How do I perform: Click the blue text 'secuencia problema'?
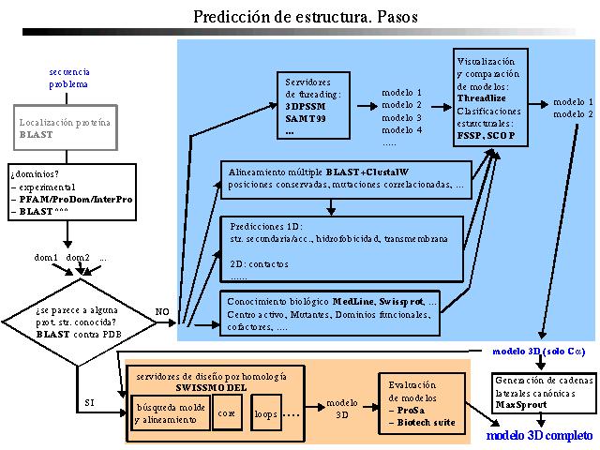point(68,78)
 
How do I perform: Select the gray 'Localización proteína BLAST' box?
point(64,128)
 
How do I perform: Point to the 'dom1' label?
point(47,257)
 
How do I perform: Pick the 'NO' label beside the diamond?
point(161,310)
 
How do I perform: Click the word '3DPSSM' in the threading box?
point(307,107)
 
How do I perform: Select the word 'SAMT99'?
point(307,120)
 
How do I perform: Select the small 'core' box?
point(226,412)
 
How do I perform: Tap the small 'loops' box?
point(265,412)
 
